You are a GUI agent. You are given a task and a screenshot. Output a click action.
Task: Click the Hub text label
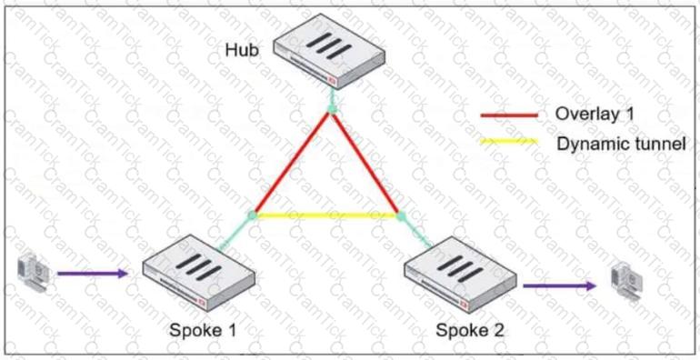tap(241, 49)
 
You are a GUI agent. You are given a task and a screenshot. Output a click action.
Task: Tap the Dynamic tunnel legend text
tap(621, 143)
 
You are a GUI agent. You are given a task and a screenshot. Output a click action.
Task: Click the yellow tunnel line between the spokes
tap(326, 215)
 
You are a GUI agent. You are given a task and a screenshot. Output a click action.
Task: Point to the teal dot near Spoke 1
tap(253, 215)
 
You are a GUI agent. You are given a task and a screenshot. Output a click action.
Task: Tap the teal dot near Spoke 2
tap(400, 215)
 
